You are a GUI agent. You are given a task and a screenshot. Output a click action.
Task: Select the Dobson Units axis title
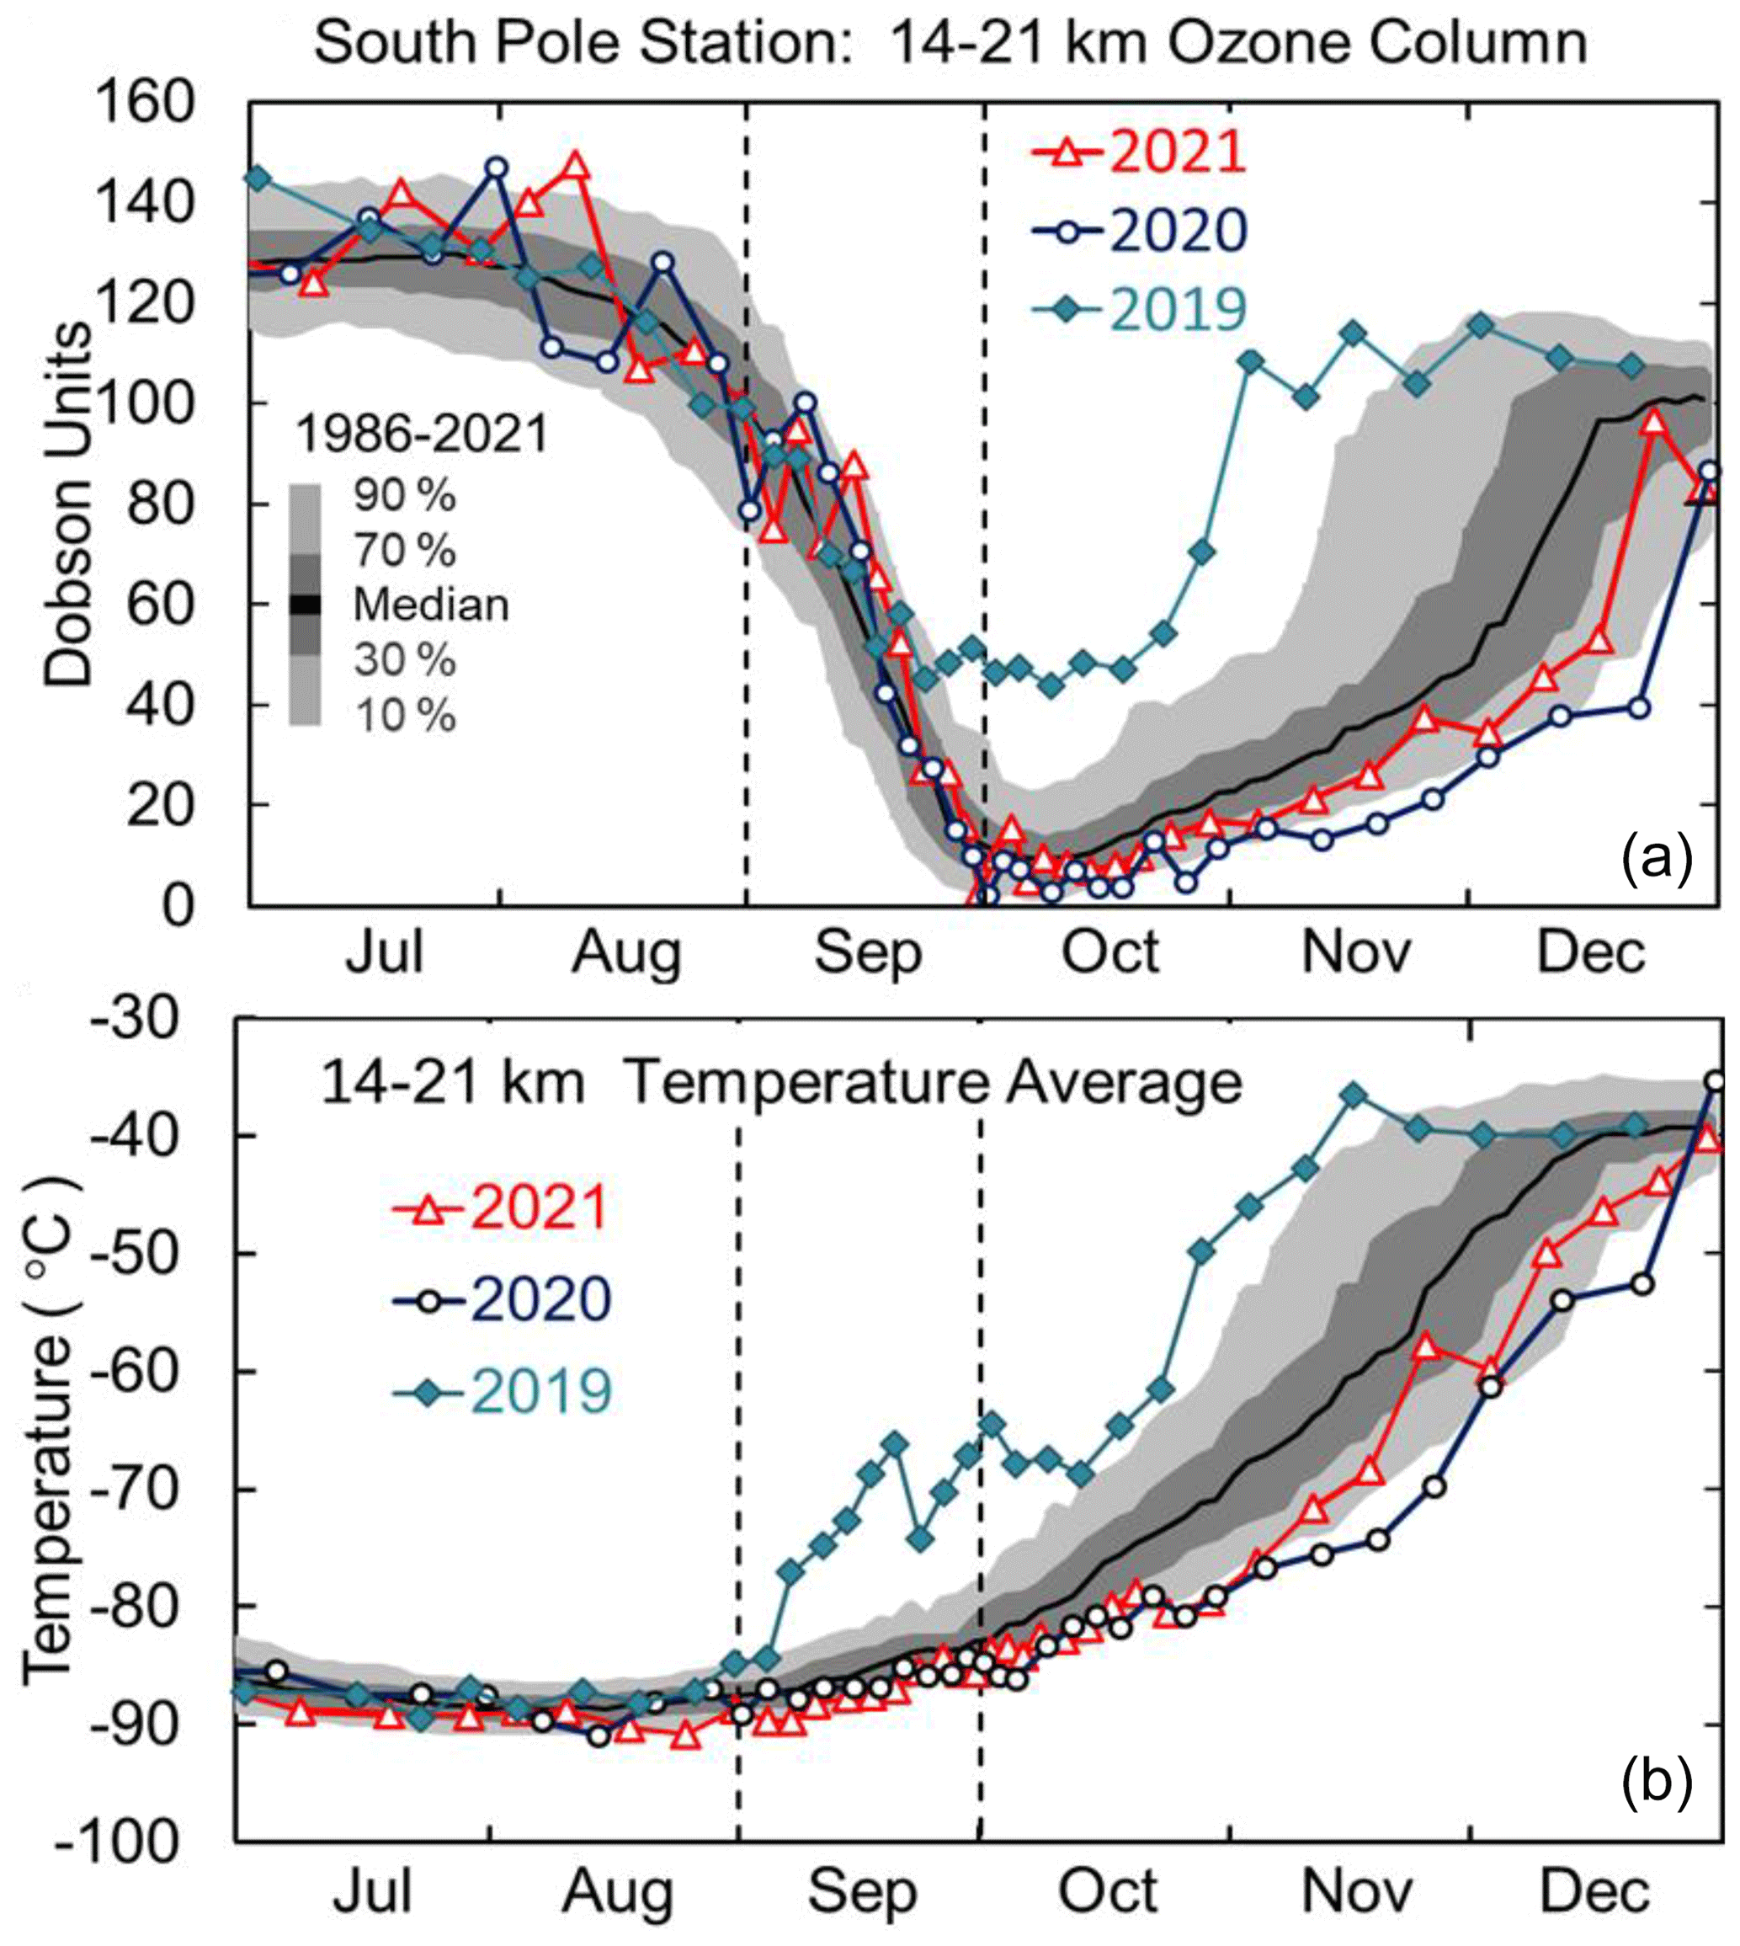pos(69,504)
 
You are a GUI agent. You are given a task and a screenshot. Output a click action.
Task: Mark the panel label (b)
pos(1657,1782)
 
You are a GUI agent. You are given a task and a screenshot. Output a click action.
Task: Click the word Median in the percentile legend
pos(431,605)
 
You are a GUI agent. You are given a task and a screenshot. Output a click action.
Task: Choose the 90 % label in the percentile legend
pos(404,495)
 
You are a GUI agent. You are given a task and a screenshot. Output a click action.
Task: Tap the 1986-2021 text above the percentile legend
pos(423,435)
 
